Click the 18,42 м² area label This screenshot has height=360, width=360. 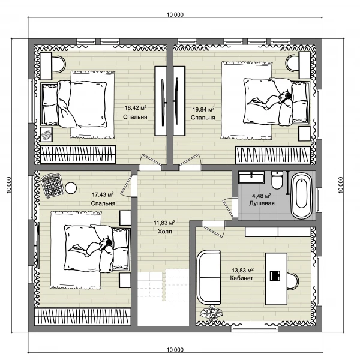coord(136,107)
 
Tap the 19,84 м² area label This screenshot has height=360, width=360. coord(203,109)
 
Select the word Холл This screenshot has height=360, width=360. coord(165,232)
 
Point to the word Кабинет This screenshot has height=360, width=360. coord(242,278)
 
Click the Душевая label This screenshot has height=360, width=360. coord(262,203)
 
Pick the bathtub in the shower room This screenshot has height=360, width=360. coord(301,196)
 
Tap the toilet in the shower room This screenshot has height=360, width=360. coord(277,180)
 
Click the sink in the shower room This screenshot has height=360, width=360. coord(251,177)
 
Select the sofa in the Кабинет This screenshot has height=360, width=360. coord(209,277)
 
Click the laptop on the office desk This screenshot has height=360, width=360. coord(275,275)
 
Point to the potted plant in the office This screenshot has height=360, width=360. coord(211,314)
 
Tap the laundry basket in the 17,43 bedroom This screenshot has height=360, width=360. coord(52,185)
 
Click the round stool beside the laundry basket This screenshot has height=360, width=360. coord(71,188)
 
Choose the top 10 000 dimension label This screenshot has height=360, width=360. coord(175,14)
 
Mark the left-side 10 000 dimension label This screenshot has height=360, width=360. coord(9,185)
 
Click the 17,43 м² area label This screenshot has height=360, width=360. coord(103,194)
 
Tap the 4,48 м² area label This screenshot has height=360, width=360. coord(262,196)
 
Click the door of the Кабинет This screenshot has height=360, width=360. coord(214,229)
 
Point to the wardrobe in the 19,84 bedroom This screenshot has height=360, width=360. coord(273,155)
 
